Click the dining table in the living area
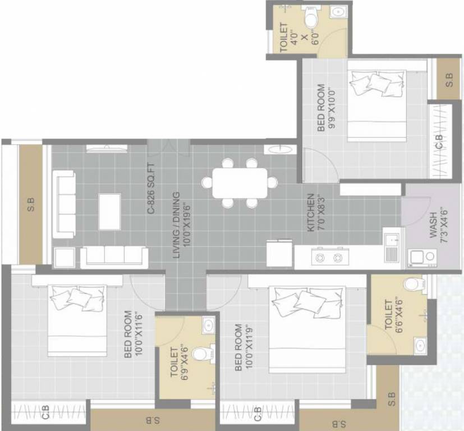click(x=240, y=183)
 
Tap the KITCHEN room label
click(x=311, y=213)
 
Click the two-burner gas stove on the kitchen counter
click(x=330, y=257)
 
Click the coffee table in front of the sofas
click(x=110, y=212)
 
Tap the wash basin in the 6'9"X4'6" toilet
click(x=209, y=324)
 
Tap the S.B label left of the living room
click(x=31, y=204)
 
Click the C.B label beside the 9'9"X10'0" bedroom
click(x=440, y=142)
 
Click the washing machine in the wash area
click(x=422, y=258)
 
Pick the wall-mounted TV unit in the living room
click(x=107, y=148)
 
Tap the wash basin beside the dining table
click(x=279, y=149)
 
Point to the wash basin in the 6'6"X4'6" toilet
click(x=420, y=345)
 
